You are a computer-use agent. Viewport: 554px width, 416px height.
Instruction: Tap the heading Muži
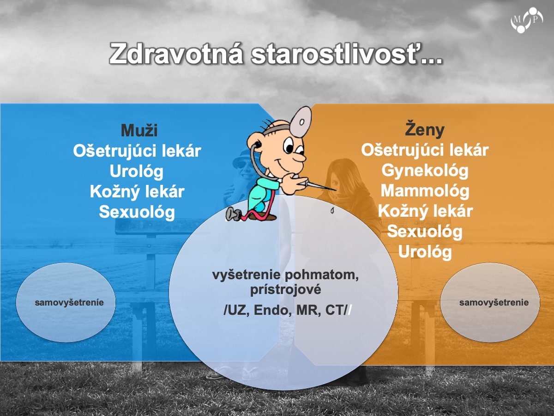pos(139,130)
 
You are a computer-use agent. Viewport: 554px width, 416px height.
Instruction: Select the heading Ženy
pos(425,129)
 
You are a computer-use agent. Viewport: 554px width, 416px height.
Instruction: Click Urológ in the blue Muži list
pos(137,171)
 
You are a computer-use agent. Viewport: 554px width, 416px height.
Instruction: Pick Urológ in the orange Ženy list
pos(425,251)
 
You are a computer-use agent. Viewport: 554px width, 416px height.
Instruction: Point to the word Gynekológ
pos(425,171)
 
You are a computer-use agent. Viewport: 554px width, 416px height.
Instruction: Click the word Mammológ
pos(425,191)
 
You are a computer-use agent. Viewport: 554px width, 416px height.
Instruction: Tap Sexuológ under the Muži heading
pos(137,212)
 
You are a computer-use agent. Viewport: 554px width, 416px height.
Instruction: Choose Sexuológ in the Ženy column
pos(425,232)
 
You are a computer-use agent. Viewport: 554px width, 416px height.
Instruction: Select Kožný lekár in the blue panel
pos(137,191)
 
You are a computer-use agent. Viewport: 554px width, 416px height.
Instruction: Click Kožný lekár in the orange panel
pos(425,211)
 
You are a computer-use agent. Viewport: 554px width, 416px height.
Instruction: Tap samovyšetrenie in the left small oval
pos(69,302)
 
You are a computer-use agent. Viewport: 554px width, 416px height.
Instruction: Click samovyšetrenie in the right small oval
pos(494,302)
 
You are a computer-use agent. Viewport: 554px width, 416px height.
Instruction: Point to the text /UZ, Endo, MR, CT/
pos(288,310)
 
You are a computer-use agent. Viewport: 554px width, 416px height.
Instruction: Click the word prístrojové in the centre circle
pos(285,289)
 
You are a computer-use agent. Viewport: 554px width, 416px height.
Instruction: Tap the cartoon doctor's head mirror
pos(301,122)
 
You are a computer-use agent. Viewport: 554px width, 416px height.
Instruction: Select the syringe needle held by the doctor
pos(322,186)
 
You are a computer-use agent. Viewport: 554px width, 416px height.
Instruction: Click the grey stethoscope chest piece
pos(233,214)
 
